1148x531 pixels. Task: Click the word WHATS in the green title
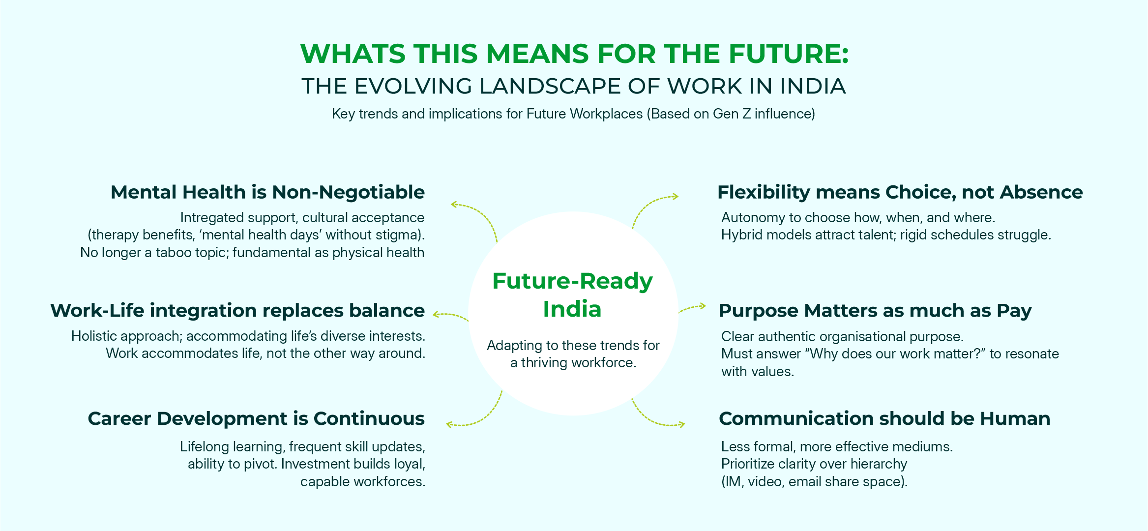353,54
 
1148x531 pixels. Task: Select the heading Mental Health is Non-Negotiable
267,192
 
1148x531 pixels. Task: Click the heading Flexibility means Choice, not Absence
900,192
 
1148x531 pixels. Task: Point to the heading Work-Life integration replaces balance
237,311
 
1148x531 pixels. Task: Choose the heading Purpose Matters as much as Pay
875,311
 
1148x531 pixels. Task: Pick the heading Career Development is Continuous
256,418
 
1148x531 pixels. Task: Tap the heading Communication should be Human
884,418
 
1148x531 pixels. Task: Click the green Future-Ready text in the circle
573,282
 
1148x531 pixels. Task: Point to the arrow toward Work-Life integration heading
450,315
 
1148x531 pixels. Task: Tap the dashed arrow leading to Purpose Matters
692,308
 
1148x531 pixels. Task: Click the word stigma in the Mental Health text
395,235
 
